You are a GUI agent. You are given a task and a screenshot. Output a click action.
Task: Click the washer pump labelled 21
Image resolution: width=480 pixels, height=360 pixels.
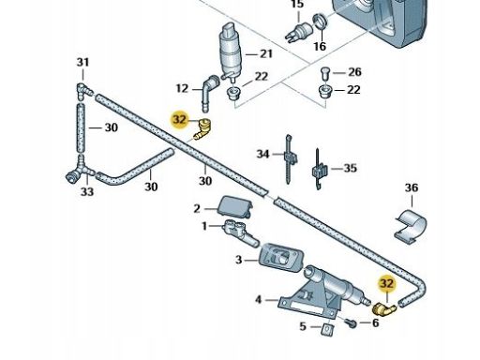(x=228, y=52)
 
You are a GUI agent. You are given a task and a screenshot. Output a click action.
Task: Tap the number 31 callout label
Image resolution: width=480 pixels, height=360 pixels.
(x=82, y=62)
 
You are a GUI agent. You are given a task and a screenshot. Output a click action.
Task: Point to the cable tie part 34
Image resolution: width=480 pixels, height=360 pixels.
(x=290, y=159)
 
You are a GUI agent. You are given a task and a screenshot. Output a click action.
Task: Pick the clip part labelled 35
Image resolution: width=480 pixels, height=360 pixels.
(x=320, y=170)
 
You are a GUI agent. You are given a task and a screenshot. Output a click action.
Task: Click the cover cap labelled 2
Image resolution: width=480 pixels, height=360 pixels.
(x=235, y=206)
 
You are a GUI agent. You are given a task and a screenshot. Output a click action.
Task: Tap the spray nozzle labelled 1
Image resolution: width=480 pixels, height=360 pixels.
(x=241, y=232)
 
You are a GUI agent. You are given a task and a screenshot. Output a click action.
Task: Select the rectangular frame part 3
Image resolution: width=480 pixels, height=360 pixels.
(x=280, y=258)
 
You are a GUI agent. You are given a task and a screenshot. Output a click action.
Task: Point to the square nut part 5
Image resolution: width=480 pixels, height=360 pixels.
(x=327, y=330)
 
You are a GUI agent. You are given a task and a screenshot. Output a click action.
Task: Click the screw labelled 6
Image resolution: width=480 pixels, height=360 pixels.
(x=352, y=323)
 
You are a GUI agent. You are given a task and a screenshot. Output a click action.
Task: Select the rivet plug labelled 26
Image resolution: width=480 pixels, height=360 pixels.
(x=325, y=74)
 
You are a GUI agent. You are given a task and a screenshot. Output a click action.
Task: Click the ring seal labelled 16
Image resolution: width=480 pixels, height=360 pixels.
(x=321, y=22)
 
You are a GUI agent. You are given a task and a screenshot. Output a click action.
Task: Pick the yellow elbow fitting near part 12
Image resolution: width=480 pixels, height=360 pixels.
(x=203, y=129)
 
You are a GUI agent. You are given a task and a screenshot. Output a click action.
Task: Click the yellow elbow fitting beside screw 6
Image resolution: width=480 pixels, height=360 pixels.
(x=384, y=308)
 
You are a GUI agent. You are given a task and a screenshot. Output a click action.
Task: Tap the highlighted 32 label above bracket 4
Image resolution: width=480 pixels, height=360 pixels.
(x=387, y=283)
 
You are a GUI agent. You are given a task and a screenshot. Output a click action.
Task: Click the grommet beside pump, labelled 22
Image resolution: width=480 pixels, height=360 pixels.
(x=232, y=93)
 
